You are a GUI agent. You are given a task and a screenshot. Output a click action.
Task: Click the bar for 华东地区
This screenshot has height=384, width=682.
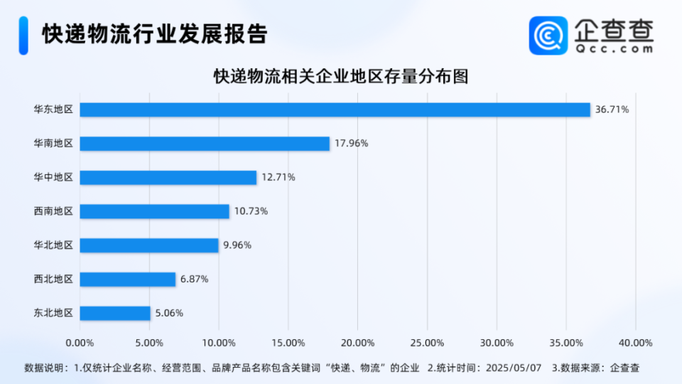[x=335, y=110]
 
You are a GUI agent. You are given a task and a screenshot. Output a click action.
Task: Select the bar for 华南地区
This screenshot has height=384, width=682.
[x=205, y=144]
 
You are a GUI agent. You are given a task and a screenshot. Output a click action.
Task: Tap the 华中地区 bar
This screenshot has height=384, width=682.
[x=168, y=178]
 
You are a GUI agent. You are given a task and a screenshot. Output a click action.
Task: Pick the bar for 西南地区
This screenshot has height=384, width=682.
[x=154, y=211]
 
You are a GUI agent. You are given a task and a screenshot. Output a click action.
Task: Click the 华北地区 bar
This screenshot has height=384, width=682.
[x=149, y=245]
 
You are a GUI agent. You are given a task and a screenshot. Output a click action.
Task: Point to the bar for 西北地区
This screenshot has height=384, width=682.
[x=127, y=279]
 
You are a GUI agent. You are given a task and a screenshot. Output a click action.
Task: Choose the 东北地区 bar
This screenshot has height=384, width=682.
[x=115, y=313]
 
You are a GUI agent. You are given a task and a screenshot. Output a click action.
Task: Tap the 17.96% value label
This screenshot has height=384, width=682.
[x=351, y=144]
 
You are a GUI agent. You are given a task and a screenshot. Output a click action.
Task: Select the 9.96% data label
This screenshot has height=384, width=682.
[x=237, y=245]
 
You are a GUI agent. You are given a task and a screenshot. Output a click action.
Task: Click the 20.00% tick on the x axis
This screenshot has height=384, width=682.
[x=357, y=343]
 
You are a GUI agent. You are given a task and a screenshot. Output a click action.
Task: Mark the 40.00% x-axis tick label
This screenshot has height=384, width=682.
[x=635, y=343]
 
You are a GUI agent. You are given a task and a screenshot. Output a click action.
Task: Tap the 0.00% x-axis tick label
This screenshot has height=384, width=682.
[x=80, y=343]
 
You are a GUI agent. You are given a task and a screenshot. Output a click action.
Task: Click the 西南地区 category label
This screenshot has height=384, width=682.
[x=53, y=211]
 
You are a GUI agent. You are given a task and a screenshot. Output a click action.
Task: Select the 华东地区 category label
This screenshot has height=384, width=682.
[x=53, y=110]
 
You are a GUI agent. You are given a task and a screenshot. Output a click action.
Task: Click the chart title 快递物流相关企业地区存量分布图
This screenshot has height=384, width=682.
[x=341, y=77]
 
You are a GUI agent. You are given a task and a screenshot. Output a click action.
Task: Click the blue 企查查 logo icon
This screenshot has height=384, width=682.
[x=548, y=35]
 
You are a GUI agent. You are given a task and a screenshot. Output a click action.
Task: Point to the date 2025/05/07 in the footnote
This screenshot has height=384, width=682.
[x=512, y=368]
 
